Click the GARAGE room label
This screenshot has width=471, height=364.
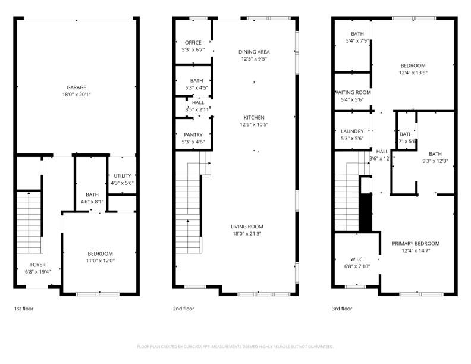(76, 87)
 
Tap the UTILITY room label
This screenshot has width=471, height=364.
(122, 176)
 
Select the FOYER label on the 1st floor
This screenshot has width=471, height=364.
(37, 265)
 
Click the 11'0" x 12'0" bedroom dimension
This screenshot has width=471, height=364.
(100, 261)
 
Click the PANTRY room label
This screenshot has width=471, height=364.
(193, 135)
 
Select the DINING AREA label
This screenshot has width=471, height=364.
(254, 52)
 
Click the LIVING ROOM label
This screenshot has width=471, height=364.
(247, 227)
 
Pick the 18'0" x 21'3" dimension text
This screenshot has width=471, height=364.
(247, 234)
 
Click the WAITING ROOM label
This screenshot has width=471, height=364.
(352, 93)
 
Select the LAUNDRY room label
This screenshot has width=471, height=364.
(351, 131)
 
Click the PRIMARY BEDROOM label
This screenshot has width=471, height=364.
(415, 244)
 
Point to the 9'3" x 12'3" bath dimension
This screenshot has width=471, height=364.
(435, 161)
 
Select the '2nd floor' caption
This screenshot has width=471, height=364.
(184, 309)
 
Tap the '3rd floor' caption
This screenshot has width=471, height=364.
(342, 309)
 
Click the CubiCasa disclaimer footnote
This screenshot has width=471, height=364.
(235, 346)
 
